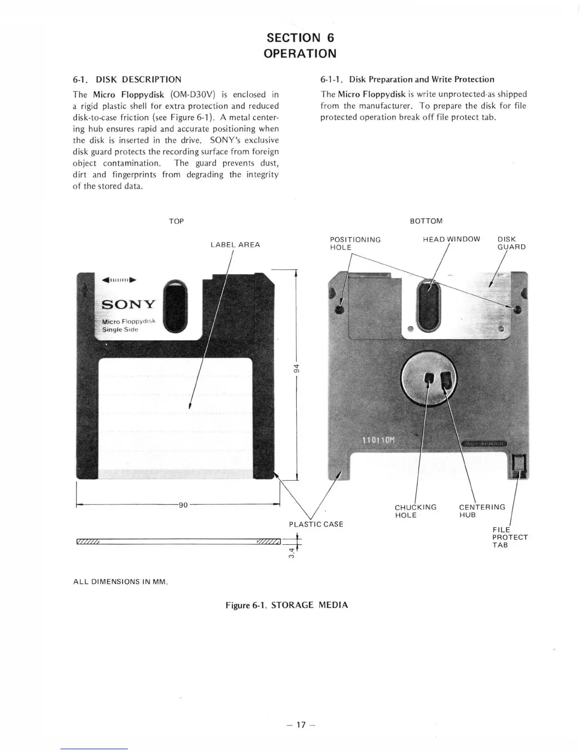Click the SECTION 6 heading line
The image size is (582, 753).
[300, 38]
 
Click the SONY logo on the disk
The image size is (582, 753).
[129, 304]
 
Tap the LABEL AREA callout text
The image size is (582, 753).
[235, 245]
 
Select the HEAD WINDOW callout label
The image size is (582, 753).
[451, 239]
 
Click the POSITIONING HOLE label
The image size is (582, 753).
[355, 243]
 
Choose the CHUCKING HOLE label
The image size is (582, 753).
[415, 511]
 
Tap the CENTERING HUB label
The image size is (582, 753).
[482, 511]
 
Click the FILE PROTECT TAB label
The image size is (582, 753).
[510, 537]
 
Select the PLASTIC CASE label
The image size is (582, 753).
[316, 524]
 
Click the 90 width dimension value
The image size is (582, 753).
[183, 505]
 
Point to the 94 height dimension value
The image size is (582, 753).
[296, 368]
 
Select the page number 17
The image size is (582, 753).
[300, 725]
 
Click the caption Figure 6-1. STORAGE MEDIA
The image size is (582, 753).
[287, 605]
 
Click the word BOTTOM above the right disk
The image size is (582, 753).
[426, 221]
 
